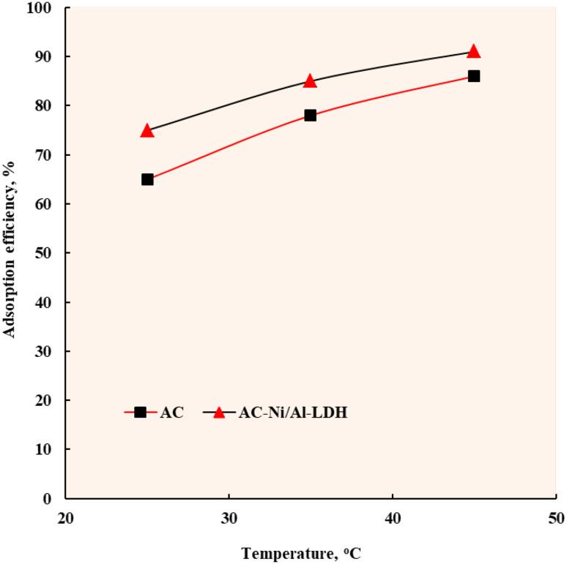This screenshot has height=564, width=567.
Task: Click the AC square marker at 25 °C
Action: (x=147, y=179)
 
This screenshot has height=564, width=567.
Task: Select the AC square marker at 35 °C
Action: (x=310, y=116)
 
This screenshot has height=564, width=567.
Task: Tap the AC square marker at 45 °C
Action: (x=474, y=76)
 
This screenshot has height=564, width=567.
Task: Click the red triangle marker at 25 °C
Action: (x=147, y=130)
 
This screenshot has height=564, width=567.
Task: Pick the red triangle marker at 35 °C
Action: (x=310, y=80)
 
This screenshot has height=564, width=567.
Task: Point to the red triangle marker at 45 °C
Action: (x=474, y=51)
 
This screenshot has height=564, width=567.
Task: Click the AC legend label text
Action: (x=171, y=413)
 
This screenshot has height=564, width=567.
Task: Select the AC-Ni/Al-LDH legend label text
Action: (x=293, y=413)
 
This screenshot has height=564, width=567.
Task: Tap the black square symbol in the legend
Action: (x=140, y=413)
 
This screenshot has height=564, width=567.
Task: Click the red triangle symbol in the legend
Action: (x=218, y=412)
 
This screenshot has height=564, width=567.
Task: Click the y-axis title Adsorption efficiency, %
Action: (x=10, y=252)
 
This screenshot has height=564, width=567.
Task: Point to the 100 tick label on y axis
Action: (x=43, y=8)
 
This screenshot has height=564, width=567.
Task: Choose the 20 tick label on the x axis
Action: (x=65, y=518)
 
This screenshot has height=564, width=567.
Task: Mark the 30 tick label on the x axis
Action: (x=229, y=518)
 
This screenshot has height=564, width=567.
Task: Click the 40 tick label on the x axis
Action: (x=392, y=518)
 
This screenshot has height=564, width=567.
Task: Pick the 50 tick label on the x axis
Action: (x=555, y=518)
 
